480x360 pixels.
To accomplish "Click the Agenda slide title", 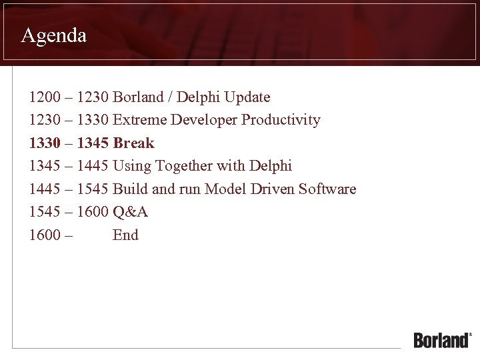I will coord(54,35).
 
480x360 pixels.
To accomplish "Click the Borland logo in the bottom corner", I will coord(442,339).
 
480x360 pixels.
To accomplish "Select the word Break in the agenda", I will coord(134,143).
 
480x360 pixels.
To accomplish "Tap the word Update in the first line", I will coord(247,97).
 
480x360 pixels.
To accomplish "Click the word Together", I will coord(181,166).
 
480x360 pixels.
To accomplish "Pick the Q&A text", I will coord(130,212).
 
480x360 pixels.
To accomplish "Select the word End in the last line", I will coord(125,235).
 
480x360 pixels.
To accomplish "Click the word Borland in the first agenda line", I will coord(138,97).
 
